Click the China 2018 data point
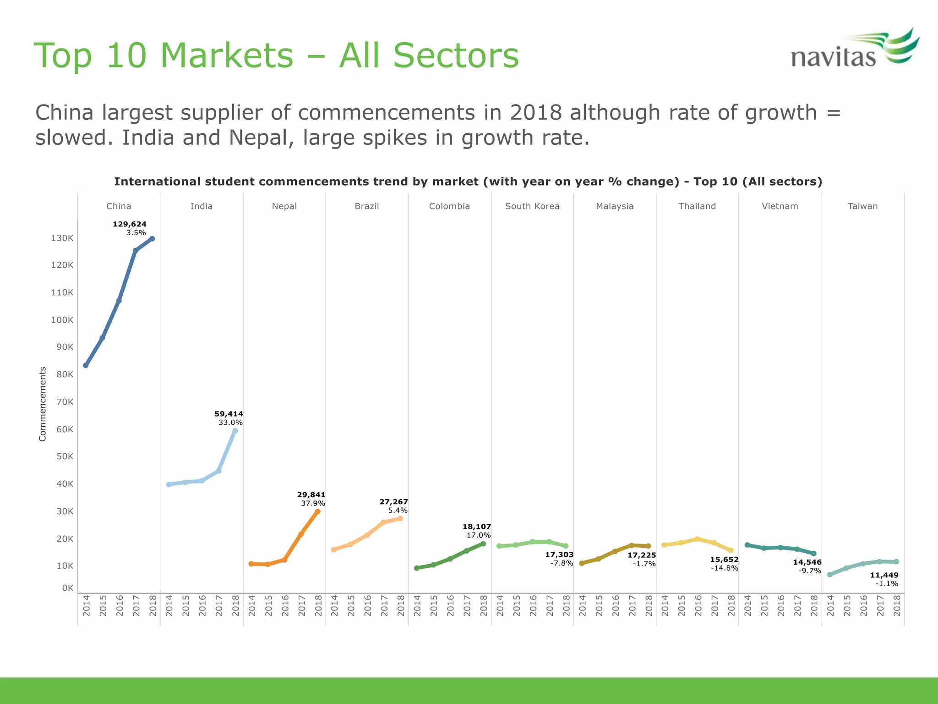tap(152, 239)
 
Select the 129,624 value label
tap(130, 224)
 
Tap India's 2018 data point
tap(235, 431)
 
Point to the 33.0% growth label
tap(230, 423)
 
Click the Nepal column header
tap(284, 206)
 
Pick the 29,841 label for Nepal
tap(311, 495)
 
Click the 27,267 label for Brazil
tap(393, 502)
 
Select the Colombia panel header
tap(449, 206)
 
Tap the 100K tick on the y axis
tap(62, 320)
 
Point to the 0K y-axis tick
tap(68, 588)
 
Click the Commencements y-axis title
tap(43, 404)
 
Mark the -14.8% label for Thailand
tap(725, 568)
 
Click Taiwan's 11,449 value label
tap(884, 575)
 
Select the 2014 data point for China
tap(86, 365)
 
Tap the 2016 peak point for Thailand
tap(698, 539)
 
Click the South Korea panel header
tap(532, 206)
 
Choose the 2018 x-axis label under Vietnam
tap(814, 605)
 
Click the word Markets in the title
tap(227, 55)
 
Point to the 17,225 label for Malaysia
tap(642, 555)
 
